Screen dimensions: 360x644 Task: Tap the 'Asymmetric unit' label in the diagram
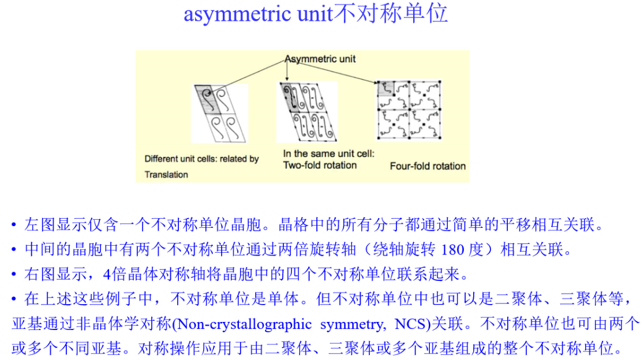click(320, 59)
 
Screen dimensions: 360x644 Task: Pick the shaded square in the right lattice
click(385, 88)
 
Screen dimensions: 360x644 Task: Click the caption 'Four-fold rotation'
click(428, 166)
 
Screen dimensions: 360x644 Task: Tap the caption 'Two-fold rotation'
click(320, 165)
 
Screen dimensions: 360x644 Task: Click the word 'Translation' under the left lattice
click(166, 175)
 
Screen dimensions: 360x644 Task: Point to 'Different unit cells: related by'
click(201, 159)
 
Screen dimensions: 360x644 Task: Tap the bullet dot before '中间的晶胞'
click(14, 250)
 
